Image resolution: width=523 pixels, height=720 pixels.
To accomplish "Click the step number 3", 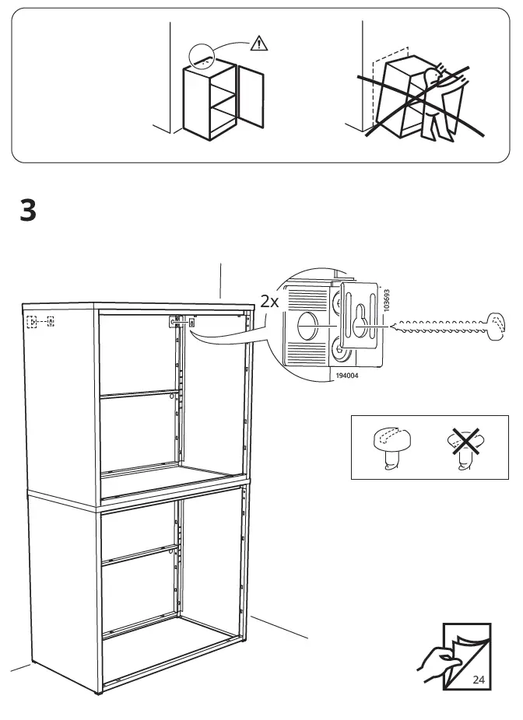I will coord(28,211).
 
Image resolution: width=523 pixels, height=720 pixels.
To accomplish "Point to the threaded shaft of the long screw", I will coord(439,325).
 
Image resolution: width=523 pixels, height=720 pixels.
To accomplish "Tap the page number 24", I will coord(478,680).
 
